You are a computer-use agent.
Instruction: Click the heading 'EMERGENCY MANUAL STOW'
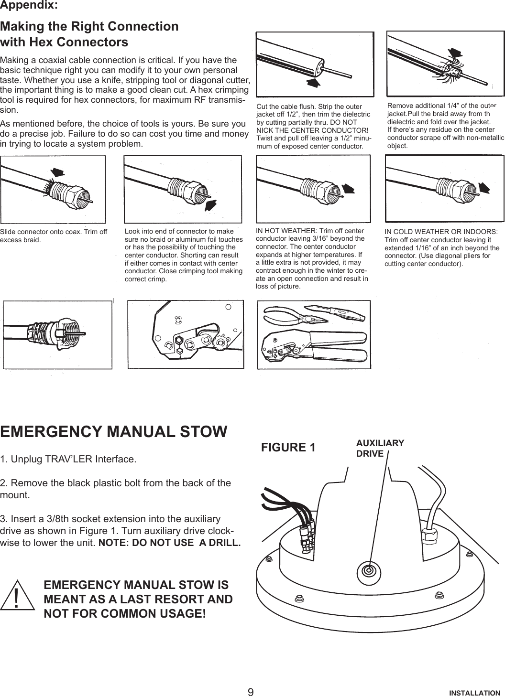click(x=114, y=431)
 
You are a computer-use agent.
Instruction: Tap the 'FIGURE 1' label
click(x=288, y=448)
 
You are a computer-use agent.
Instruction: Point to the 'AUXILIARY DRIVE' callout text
click(x=380, y=448)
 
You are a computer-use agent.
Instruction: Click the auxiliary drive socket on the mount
click(x=368, y=571)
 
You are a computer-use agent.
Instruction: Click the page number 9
click(x=251, y=692)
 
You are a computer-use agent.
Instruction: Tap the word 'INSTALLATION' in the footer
click(x=474, y=692)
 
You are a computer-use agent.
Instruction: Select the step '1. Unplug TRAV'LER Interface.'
click(x=68, y=460)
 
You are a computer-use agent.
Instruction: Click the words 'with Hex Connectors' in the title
click(x=65, y=42)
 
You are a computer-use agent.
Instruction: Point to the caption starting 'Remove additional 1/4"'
click(x=445, y=126)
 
